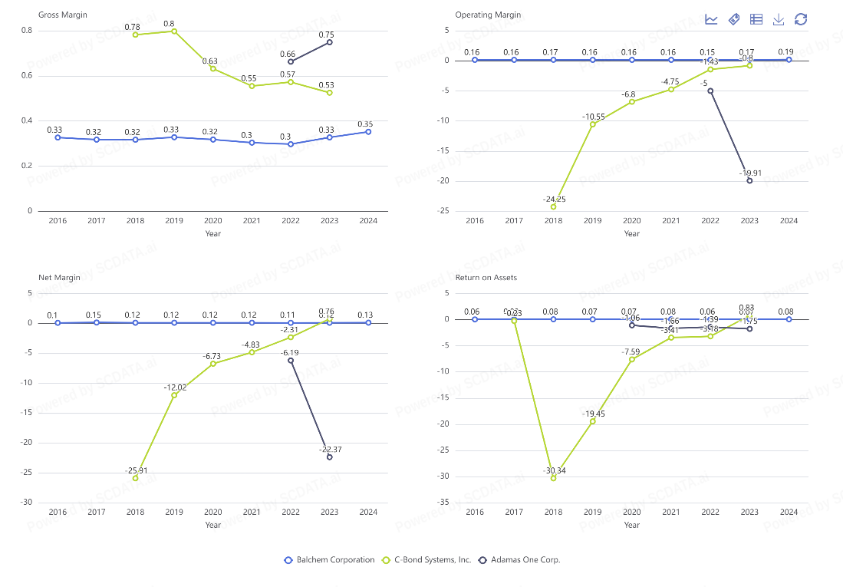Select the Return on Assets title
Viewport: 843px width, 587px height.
coord(486,277)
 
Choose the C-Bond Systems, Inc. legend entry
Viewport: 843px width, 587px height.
coord(427,559)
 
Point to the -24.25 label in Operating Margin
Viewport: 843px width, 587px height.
coord(552,199)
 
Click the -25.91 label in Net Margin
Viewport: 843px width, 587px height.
coord(135,470)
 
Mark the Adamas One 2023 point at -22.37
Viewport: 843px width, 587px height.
coord(330,457)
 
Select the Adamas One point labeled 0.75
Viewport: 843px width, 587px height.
coord(330,42)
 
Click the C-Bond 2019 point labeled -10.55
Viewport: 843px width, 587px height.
coord(592,124)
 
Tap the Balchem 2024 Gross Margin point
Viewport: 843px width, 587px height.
coord(368,132)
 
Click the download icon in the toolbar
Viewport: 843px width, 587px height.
coord(779,19)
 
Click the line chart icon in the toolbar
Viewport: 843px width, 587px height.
coord(711,19)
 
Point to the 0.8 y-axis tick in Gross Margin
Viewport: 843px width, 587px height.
coord(27,30)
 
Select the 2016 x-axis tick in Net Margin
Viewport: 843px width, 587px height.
coord(58,512)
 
